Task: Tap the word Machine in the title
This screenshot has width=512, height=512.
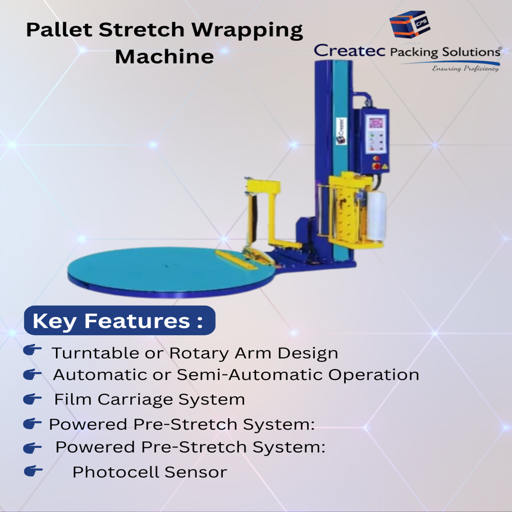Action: click(x=164, y=56)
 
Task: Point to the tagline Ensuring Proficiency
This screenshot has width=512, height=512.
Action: click(x=465, y=69)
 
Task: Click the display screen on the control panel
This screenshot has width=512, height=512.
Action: click(x=375, y=123)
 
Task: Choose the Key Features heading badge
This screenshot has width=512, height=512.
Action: click(x=119, y=321)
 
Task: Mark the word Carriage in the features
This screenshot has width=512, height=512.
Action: click(x=138, y=399)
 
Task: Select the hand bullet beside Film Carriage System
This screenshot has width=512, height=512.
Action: click(x=32, y=398)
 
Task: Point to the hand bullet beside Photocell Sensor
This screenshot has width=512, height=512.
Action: click(x=33, y=471)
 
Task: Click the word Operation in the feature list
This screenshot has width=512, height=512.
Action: click(x=374, y=375)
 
